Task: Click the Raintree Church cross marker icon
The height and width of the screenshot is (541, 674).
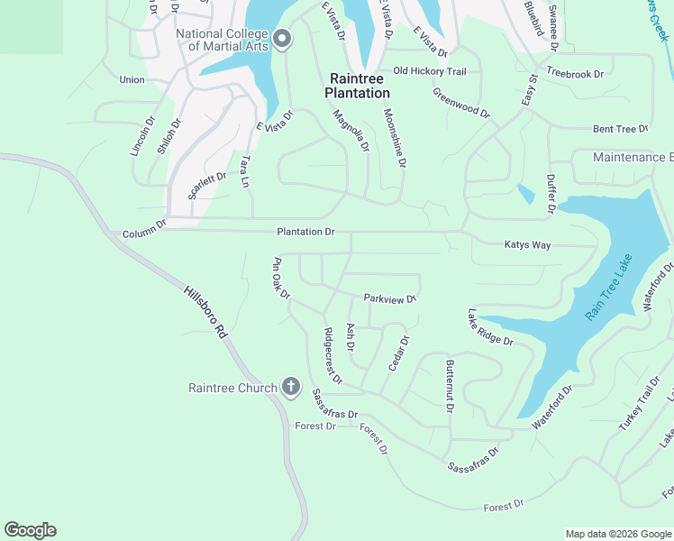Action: [290, 388]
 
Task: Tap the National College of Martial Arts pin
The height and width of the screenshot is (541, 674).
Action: [282, 38]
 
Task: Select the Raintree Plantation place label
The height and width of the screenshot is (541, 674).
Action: [358, 86]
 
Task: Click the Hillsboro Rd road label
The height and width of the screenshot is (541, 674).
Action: [206, 312]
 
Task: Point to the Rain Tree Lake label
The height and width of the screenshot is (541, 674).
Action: [609, 288]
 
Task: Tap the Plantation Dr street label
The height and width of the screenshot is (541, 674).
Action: [305, 232]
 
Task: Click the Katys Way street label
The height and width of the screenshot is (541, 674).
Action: [527, 245]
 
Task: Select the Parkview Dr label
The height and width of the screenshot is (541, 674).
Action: [390, 298]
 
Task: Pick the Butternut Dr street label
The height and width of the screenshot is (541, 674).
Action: [450, 386]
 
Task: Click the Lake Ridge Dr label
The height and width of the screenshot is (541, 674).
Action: [489, 327]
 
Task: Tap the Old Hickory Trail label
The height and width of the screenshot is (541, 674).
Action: [429, 71]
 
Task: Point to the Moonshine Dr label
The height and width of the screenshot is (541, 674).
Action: [395, 138]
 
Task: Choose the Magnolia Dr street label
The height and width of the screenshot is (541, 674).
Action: [351, 132]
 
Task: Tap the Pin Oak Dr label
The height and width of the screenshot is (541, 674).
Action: [281, 279]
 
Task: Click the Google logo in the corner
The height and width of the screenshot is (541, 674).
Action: [30, 530]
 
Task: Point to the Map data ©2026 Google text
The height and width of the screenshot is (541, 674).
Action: [617, 534]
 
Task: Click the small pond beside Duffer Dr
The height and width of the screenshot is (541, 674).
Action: [525, 193]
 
